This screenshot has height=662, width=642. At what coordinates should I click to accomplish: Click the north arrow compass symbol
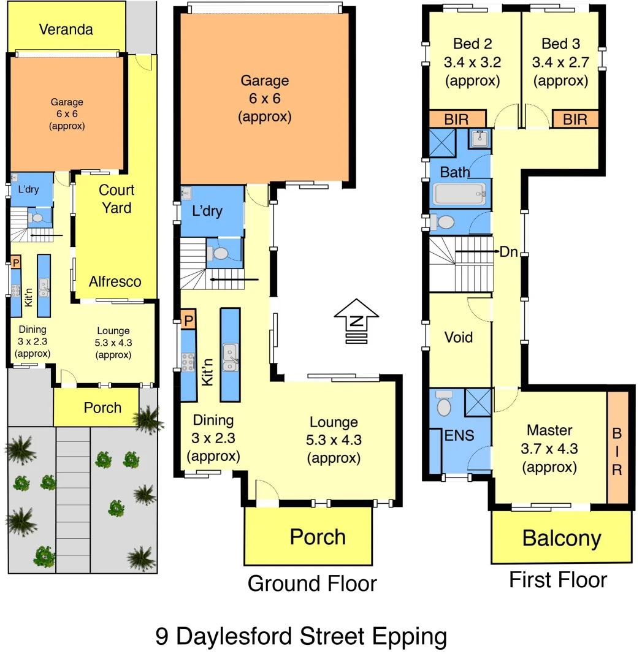tap(353, 321)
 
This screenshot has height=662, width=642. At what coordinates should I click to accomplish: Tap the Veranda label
tap(66, 29)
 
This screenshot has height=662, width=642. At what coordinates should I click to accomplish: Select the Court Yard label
tap(117, 199)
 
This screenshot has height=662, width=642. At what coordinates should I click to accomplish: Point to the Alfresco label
tap(115, 281)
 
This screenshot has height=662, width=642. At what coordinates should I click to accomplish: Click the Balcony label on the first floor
tap(561, 538)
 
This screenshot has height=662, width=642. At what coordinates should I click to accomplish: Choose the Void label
tap(459, 337)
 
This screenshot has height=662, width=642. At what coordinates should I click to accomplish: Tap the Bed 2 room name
tap(473, 44)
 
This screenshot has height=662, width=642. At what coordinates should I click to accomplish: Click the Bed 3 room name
tap(560, 44)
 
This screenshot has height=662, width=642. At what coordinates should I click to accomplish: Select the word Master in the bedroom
tap(549, 430)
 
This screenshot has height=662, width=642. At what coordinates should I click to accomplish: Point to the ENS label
tap(459, 435)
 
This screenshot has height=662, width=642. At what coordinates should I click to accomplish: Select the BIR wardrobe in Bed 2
tap(456, 119)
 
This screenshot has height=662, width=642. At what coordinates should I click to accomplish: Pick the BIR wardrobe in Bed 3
tap(575, 119)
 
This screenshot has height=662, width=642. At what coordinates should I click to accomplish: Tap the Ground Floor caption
tap(312, 584)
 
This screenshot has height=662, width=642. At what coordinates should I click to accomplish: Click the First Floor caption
tap(558, 580)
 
